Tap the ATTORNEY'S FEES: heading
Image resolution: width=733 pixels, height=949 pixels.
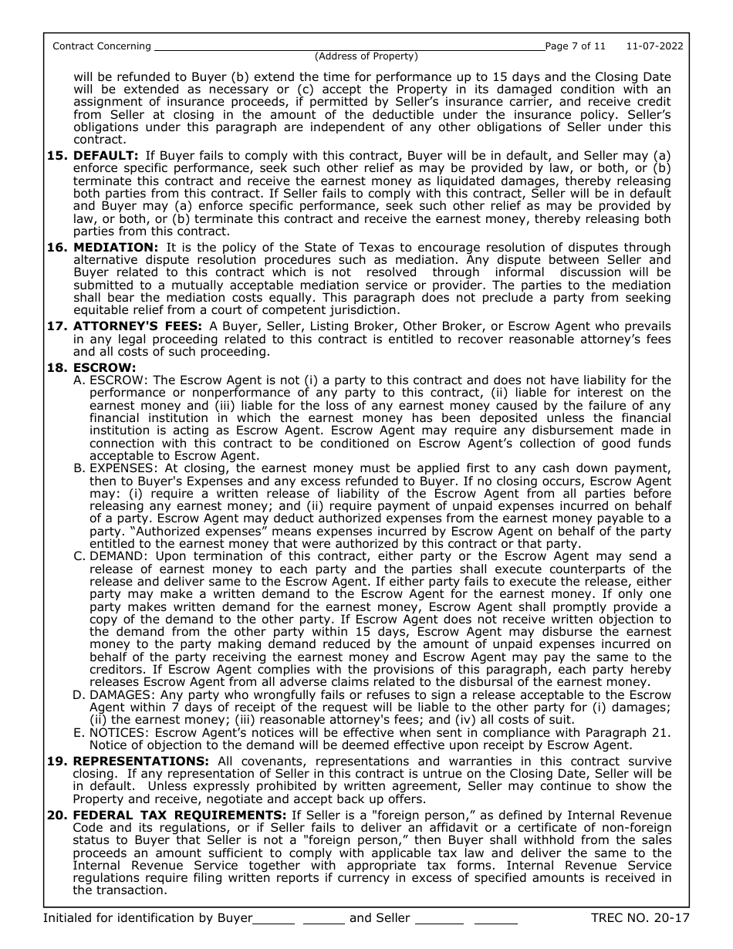(x=138, y=326)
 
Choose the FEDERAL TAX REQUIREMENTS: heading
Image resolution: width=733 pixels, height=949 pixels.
(x=180, y=816)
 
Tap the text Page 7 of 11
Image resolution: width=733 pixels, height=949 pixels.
(x=576, y=46)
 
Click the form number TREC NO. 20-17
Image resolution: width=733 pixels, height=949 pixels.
(x=640, y=918)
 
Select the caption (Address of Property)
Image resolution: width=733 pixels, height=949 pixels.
(x=366, y=56)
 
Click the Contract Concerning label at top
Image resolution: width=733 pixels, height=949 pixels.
(x=102, y=46)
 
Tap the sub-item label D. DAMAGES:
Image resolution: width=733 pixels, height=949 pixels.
(x=117, y=695)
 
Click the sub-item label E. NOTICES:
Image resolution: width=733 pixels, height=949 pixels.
(x=113, y=732)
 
